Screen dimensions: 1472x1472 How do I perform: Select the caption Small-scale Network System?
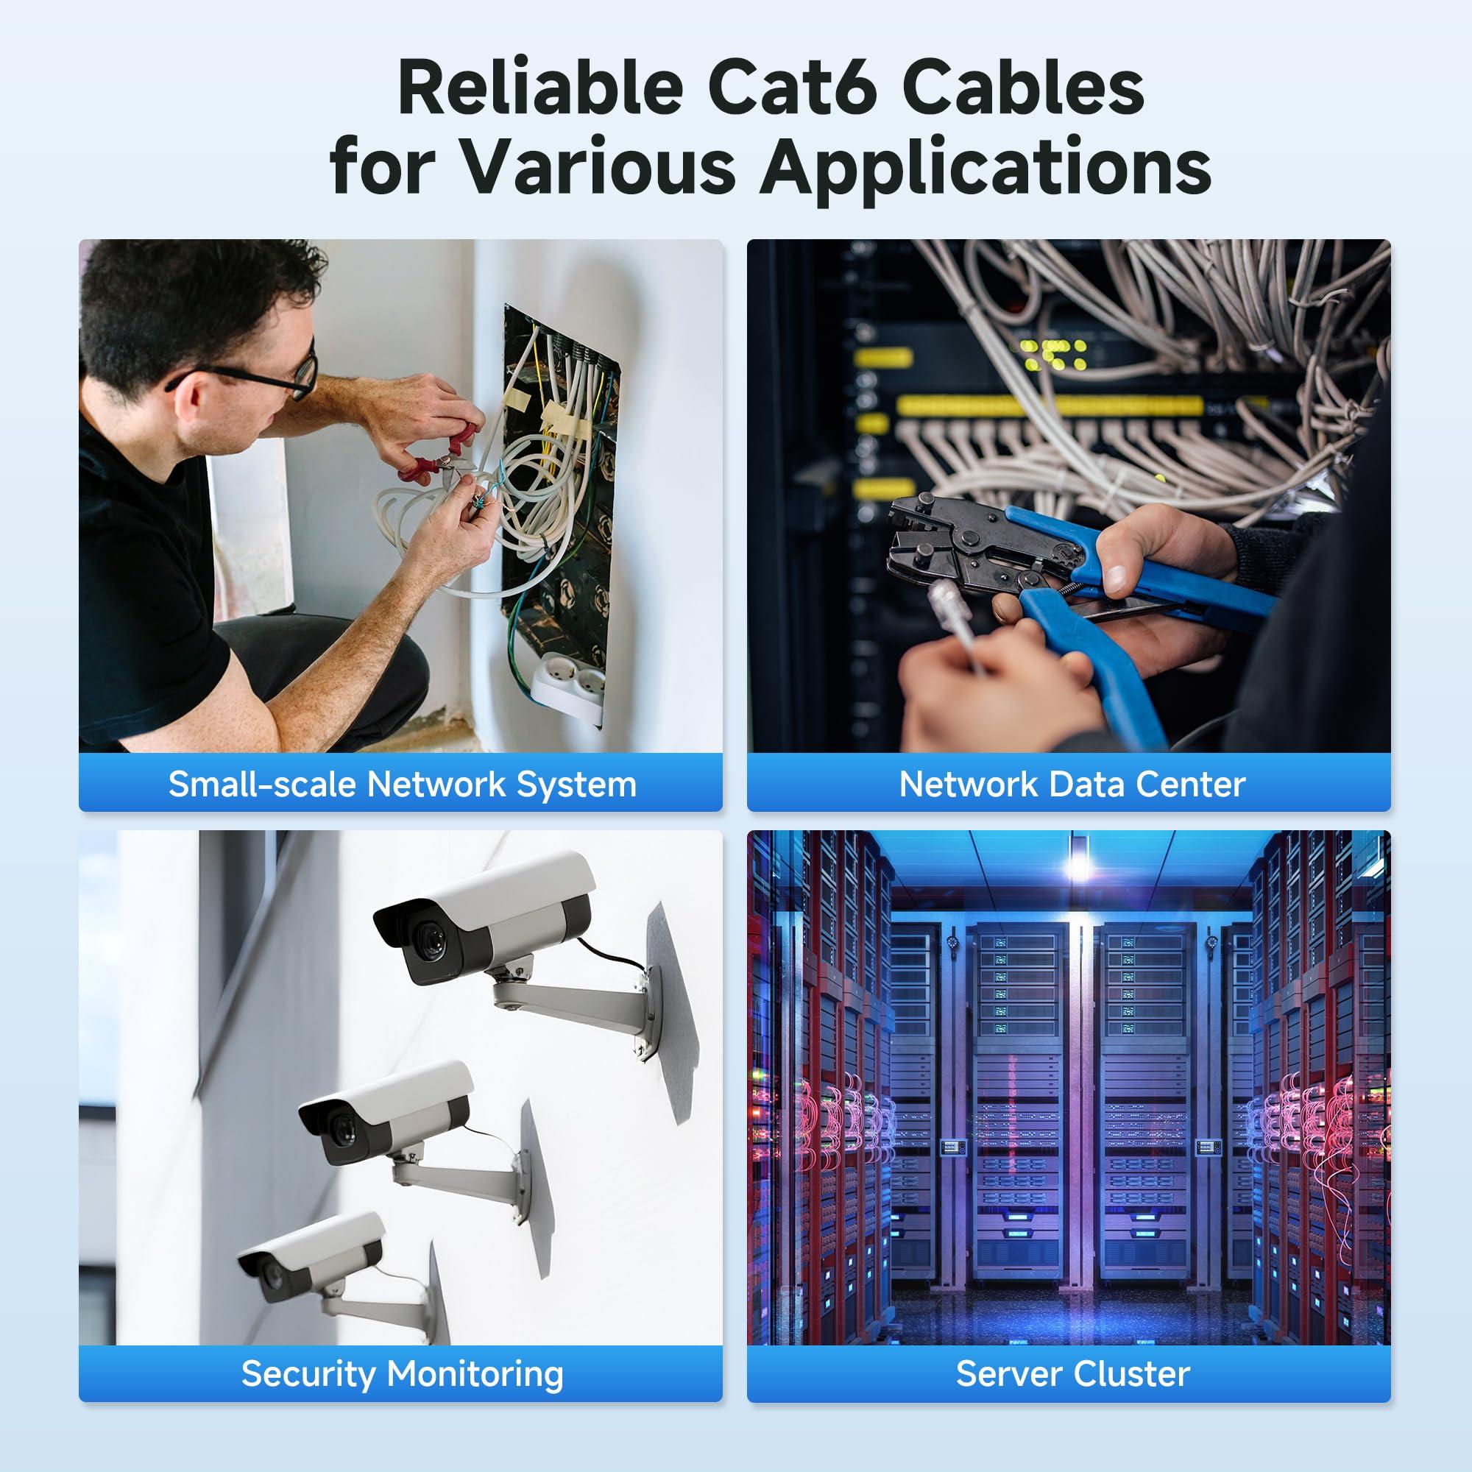pos(402,784)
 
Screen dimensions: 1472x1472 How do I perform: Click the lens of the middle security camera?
pos(343,1128)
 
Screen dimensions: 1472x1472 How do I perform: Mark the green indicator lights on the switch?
pos(1055,355)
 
